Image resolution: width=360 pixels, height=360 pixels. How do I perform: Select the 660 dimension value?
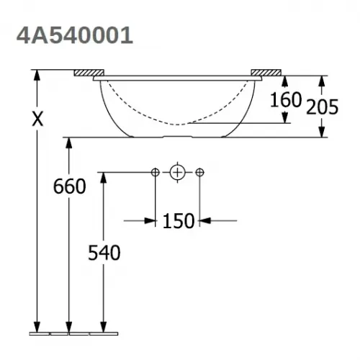[70, 186]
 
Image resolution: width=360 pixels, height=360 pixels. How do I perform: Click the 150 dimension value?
[178, 221]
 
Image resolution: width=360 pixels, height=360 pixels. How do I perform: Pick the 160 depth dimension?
[286, 99]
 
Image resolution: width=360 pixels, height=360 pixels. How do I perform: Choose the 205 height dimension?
[321, 107]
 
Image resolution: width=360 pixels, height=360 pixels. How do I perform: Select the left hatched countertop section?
[89, 73]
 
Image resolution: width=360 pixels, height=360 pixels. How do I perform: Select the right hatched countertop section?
[266, 73]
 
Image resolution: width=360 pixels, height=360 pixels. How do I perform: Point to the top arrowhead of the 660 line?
[69, 141]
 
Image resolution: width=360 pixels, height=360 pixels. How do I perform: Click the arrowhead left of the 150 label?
[151, 220]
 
